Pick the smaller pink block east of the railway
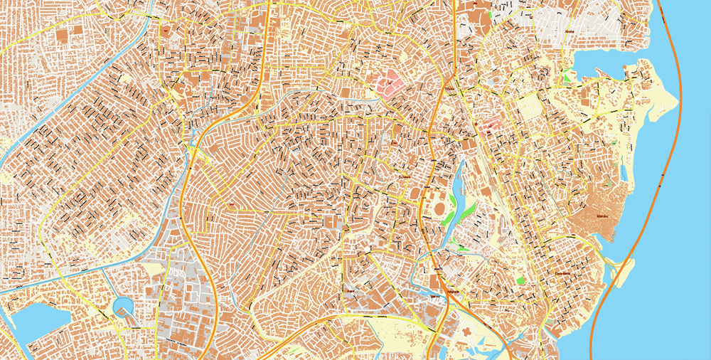[492, 127]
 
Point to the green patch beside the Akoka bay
[566, 73]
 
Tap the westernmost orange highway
[191, 206]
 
